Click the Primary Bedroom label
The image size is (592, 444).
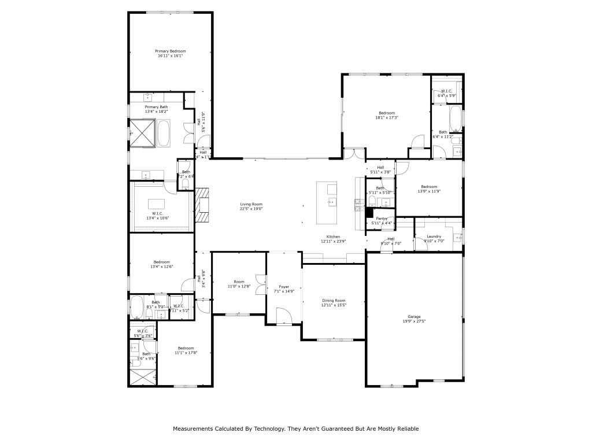coord(170,51)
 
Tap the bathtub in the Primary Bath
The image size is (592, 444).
coord(164,133)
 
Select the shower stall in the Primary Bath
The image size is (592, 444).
coord(142,133)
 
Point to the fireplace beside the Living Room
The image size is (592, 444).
coord(201,205)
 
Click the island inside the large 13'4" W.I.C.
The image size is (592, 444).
coord(157,203)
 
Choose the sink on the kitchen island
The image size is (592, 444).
coord(332,202)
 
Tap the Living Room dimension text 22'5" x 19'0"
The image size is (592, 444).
coord(251,209)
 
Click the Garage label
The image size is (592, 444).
coord(414,316)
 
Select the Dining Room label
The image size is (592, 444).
coord(334,300)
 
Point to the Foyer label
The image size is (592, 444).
coord(284,286)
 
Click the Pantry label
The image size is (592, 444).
coord(381,218)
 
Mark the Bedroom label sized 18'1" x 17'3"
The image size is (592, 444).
coord(387,113)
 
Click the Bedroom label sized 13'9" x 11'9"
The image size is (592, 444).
coord(429,186)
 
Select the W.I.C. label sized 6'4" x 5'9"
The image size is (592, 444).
coord(446,91)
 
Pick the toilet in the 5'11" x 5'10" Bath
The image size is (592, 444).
coord(373,202)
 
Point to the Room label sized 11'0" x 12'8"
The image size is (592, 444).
coord(239,282)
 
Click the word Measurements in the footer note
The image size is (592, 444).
coord(195,429)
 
